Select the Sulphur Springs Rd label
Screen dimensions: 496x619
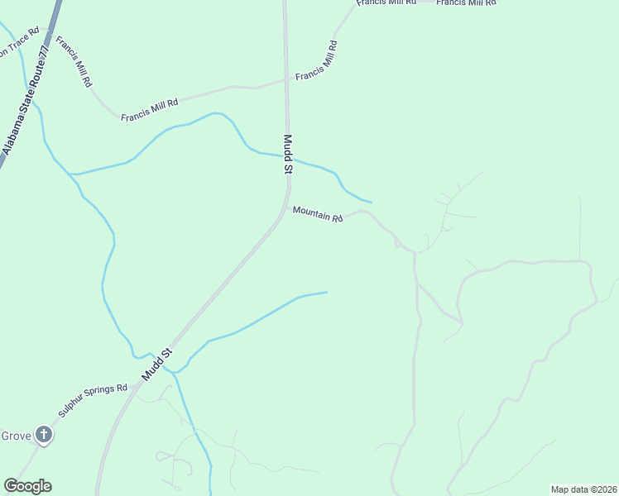[92, 400]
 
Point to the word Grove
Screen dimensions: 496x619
[16, 436]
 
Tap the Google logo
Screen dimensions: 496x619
[27, 486]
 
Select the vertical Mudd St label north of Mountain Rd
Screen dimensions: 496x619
[288, 155]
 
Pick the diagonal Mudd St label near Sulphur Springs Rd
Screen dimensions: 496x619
[156, 364]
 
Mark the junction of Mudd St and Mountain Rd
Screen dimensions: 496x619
[287, 207]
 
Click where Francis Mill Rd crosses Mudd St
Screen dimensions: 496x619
[286, 79]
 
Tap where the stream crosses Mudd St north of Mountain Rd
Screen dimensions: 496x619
[287, 156]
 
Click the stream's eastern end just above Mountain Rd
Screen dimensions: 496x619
[371, 202]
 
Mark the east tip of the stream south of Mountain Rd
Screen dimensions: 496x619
[327, 292]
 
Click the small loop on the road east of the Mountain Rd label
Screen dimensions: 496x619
[398, 244]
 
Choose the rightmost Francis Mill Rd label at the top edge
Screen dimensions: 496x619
[466, 3]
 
